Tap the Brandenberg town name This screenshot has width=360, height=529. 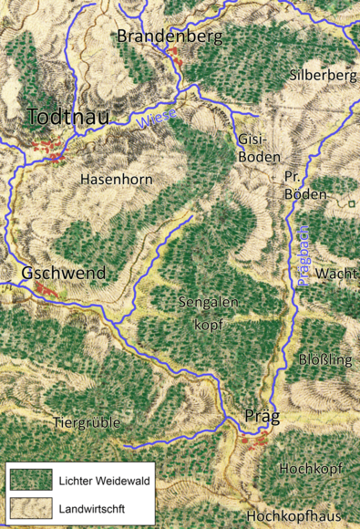pos(171,36)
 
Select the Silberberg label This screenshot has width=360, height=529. pos(323,75)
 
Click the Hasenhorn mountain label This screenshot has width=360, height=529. pos(116,179)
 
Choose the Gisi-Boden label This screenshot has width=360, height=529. pos(252,148)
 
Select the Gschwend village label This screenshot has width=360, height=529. pos(64,273)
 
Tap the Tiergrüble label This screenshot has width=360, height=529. pos(88,423)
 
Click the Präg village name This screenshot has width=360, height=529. pos(262,417)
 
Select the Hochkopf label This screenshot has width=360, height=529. pos(311,469)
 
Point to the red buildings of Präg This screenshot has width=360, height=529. pos(255,441)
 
